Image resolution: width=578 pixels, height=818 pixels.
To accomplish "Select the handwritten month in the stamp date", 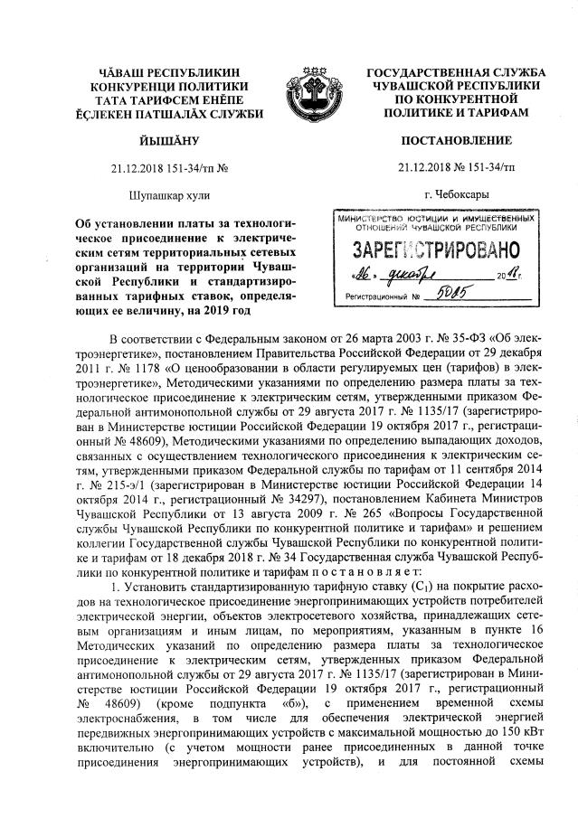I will pyautogui.click(x=422, y=275).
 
